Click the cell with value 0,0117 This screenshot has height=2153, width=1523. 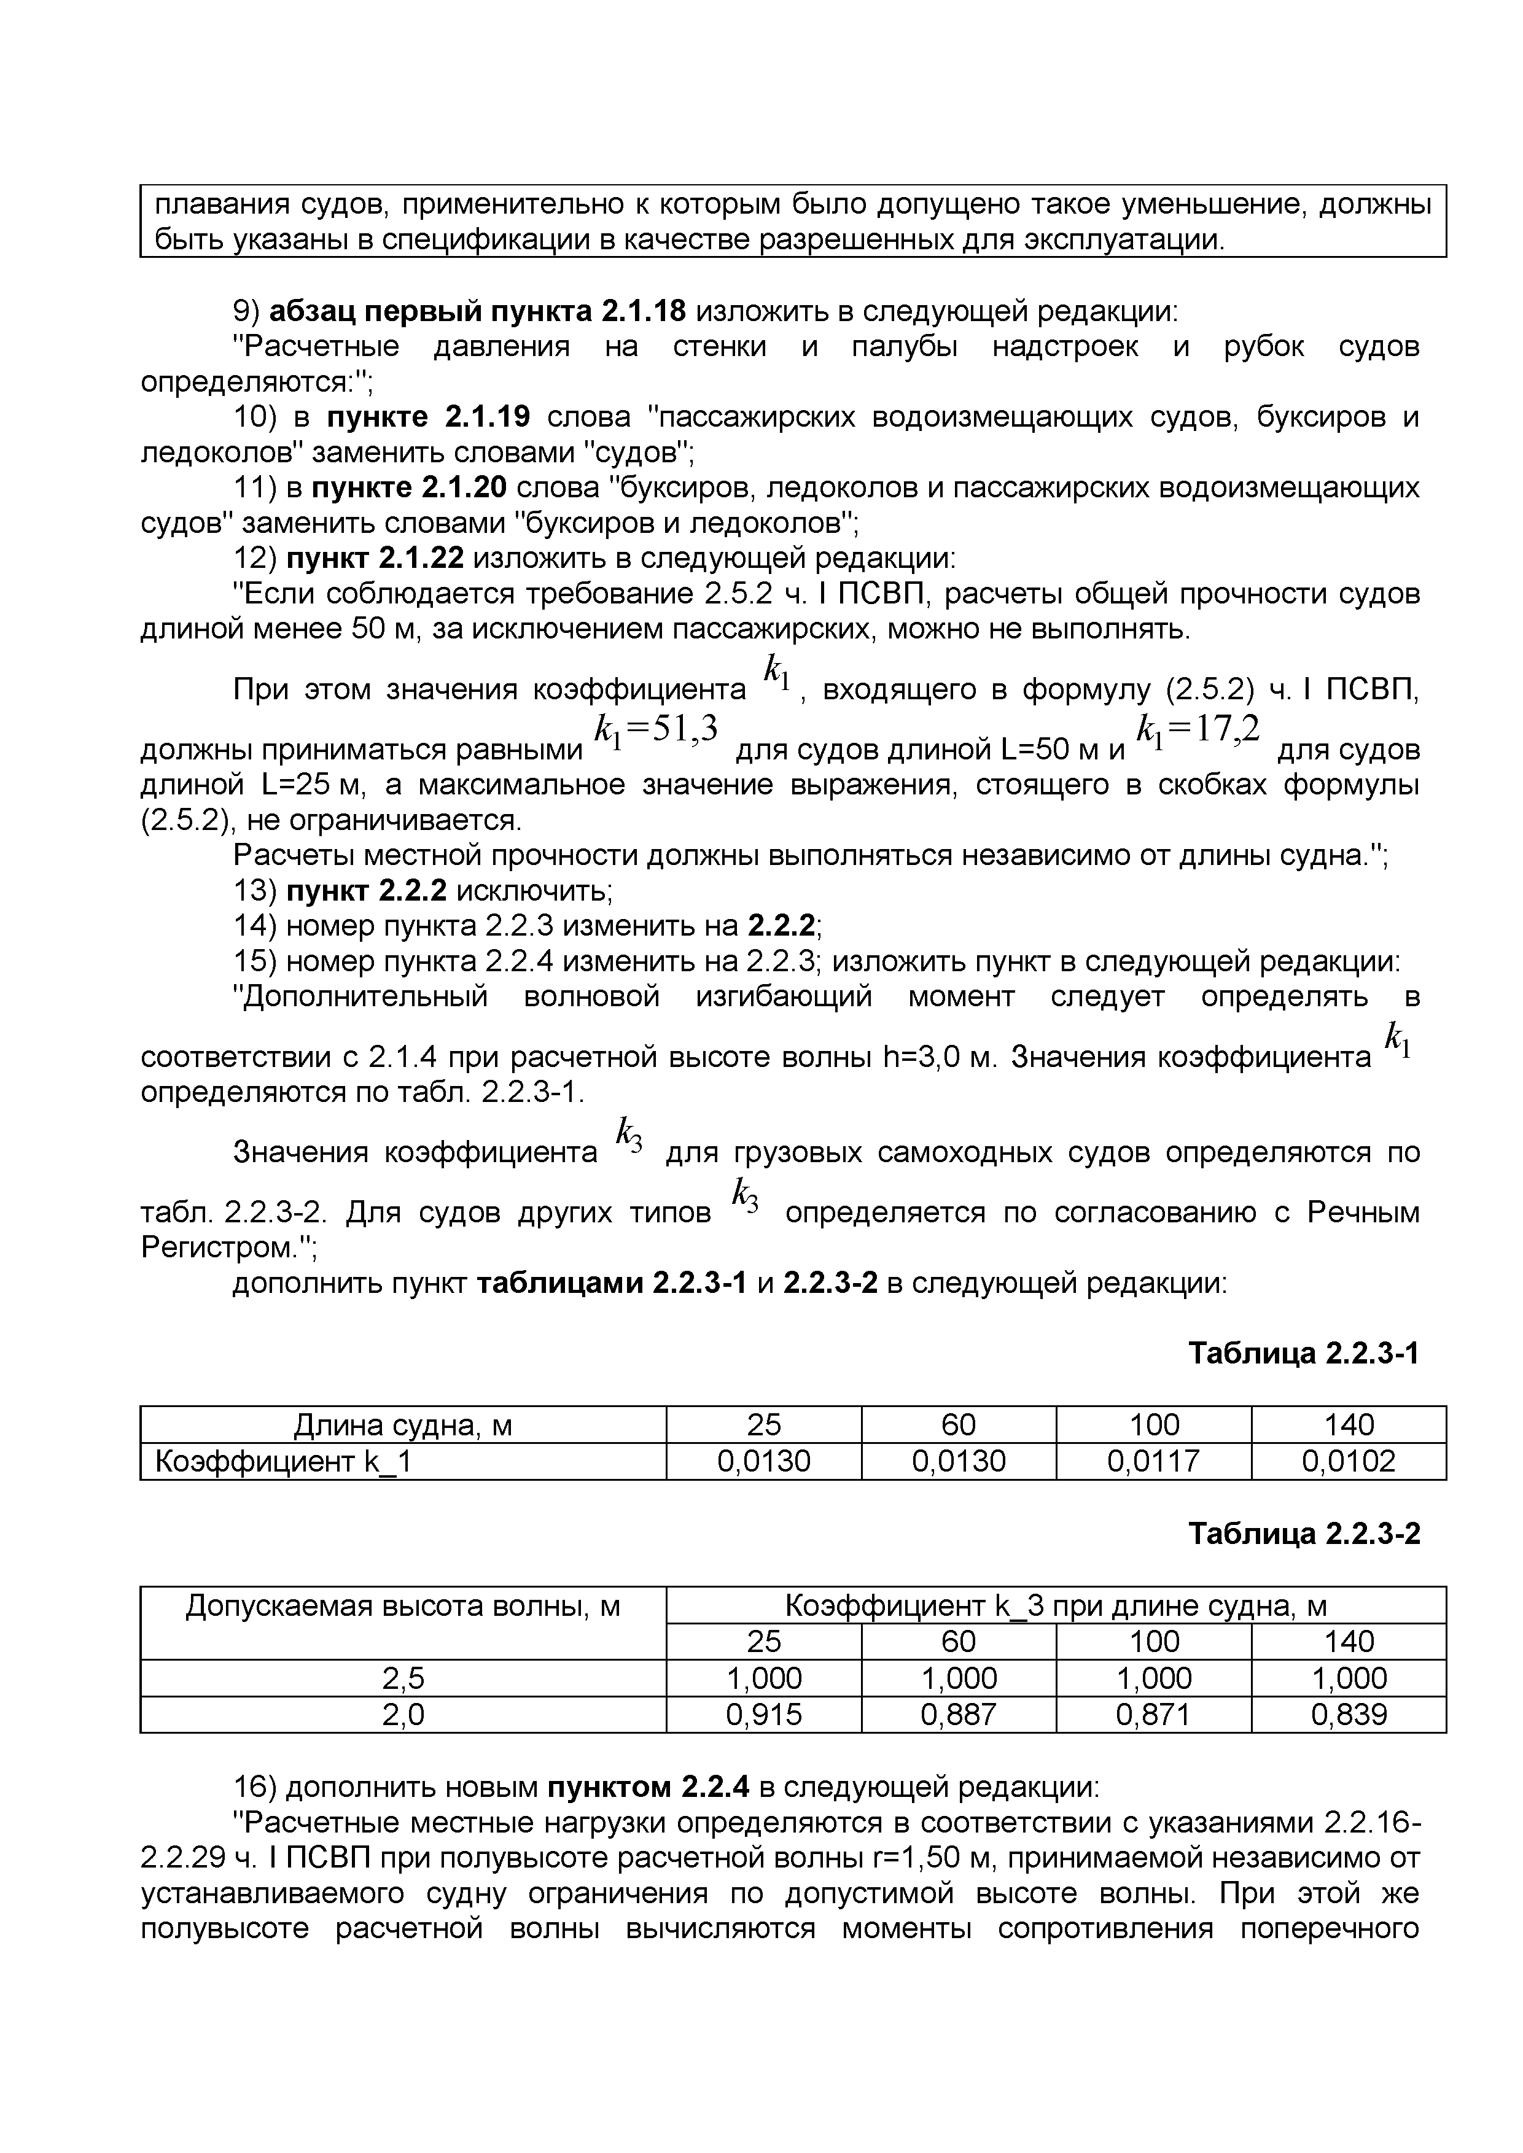click(1153, 1461)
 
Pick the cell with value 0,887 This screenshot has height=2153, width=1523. click(959, 1715)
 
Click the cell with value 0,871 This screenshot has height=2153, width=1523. click(1153, 1715)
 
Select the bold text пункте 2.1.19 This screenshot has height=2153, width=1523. click(427, 416)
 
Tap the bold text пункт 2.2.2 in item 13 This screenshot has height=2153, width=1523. click(366, 890)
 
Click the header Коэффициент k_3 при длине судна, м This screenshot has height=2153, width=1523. click(1055, 1607)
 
